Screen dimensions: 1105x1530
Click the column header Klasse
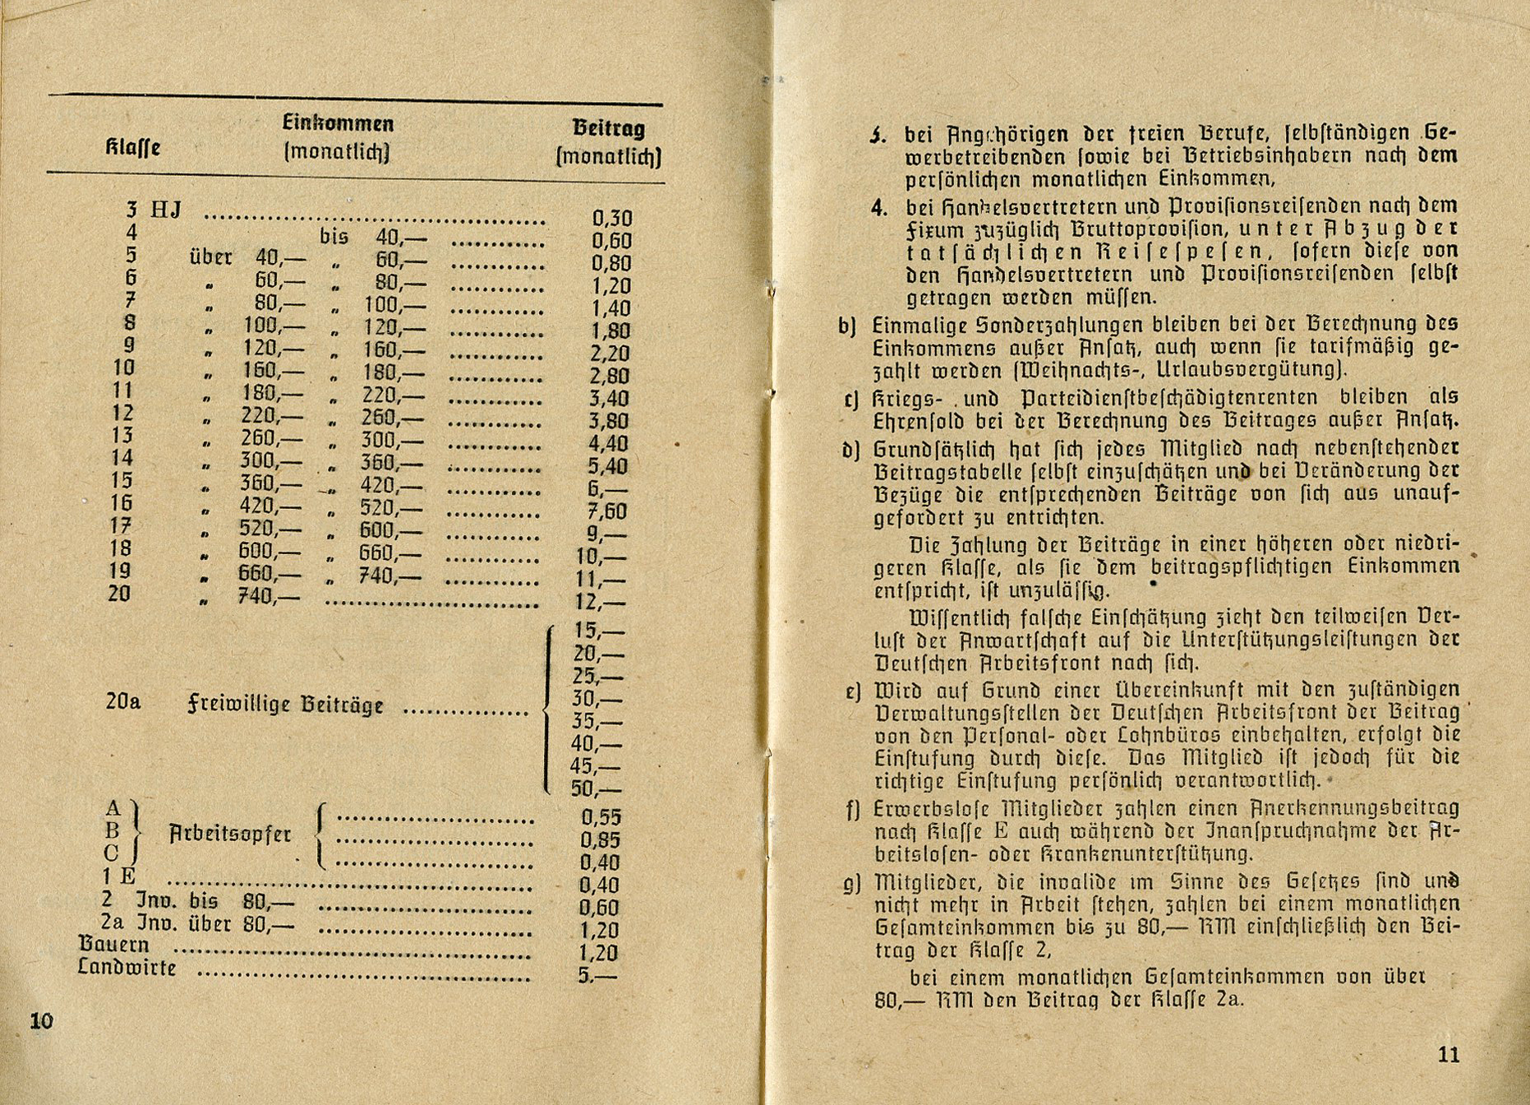tap(132, 149)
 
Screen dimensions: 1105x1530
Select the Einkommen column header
tap(338, 124)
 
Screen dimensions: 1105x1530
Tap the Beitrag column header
tap(608, 128)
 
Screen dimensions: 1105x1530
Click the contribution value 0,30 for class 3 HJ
tap(612, 219)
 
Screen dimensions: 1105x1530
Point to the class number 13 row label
tap(122, 435)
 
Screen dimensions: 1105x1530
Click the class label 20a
tap(123, 702)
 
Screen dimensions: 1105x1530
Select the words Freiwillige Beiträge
tap(286, 705)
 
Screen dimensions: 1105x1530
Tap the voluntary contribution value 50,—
tap(597, 790)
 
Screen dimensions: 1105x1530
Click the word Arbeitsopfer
tap(230, 834)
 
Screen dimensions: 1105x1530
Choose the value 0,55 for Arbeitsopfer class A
tap(601, 817)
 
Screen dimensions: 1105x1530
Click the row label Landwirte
tap(127, 968)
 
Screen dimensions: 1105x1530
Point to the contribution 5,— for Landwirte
tap(597, 977)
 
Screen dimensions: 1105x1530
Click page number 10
tap(41, 1021)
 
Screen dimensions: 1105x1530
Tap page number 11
tap(1449, 1055)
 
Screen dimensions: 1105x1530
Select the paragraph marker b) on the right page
tap(847, 326)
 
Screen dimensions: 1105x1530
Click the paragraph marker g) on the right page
tap(851, 884)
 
